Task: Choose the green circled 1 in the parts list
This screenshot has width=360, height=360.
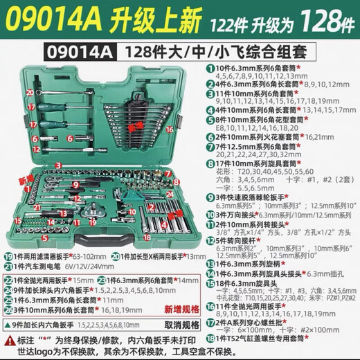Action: coord(210,69)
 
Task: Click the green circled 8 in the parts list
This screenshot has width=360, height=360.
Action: coord(210,165)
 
